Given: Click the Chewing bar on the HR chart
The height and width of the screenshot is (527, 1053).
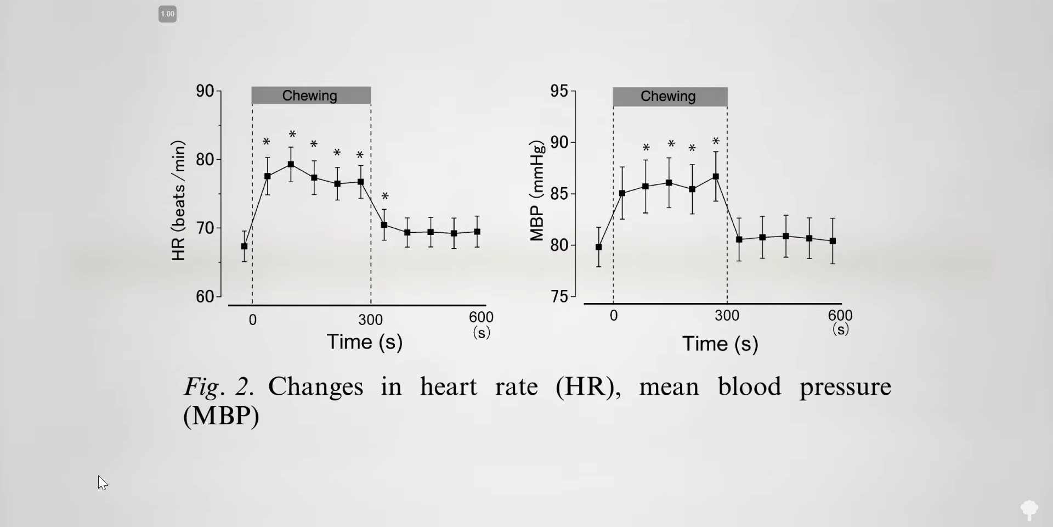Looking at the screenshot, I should pos(311,96).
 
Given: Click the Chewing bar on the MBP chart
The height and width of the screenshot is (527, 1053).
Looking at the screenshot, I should pos(670,97).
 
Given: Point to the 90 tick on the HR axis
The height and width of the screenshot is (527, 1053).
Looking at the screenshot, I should pos(205,91).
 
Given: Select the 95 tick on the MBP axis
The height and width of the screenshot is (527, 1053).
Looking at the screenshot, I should pos(559,91).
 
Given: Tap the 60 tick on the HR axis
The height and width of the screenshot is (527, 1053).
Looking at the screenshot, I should pos(205,296).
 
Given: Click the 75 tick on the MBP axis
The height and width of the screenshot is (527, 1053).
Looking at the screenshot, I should pos(559,296).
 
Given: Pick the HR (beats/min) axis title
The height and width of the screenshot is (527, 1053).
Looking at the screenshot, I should pos(179,200).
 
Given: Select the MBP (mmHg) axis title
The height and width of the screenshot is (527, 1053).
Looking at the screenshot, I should pos(537,191).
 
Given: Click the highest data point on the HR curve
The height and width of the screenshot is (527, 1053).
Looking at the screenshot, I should pos(291,164).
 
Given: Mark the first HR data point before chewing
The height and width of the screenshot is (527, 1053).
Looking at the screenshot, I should pos(244,246).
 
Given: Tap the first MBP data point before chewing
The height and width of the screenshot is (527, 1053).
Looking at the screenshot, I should pos(598,247).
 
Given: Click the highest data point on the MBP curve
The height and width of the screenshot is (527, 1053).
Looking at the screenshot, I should pos(716,177).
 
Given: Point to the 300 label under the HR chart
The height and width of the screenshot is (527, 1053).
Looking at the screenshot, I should pos(371,320).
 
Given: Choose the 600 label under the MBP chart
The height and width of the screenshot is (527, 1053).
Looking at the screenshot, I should pos(840,316).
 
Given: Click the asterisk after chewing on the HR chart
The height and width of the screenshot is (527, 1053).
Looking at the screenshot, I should pos(385,197).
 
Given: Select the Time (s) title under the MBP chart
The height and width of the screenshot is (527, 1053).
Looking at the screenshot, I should pos(720,344).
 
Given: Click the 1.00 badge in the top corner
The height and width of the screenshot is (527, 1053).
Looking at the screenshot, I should pos(167,14).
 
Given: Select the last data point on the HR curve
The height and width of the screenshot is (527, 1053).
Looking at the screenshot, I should pos(477,232).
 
